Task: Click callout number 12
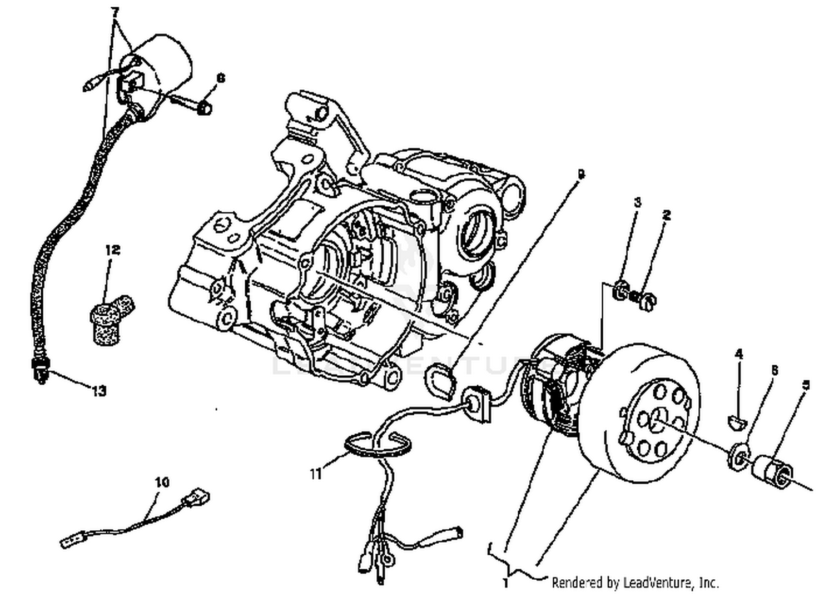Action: [112, 250]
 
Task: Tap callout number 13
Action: [98, 391]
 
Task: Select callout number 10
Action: [162, 482]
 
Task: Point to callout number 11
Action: [316, 474]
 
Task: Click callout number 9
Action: [580, 175]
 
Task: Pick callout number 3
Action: [637, 202]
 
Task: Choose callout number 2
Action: [667, 215]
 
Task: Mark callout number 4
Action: [739, 354]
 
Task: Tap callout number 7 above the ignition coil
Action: [115, 12]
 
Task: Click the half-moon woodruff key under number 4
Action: [738, 419]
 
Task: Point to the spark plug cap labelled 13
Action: [39, 371]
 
